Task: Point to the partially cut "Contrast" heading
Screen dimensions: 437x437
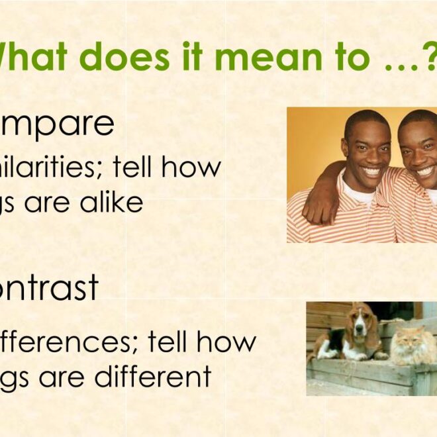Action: pyautogui.click(x=49, y=287)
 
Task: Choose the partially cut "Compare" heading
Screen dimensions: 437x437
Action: pyautogui.click(x=57, y=124)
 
